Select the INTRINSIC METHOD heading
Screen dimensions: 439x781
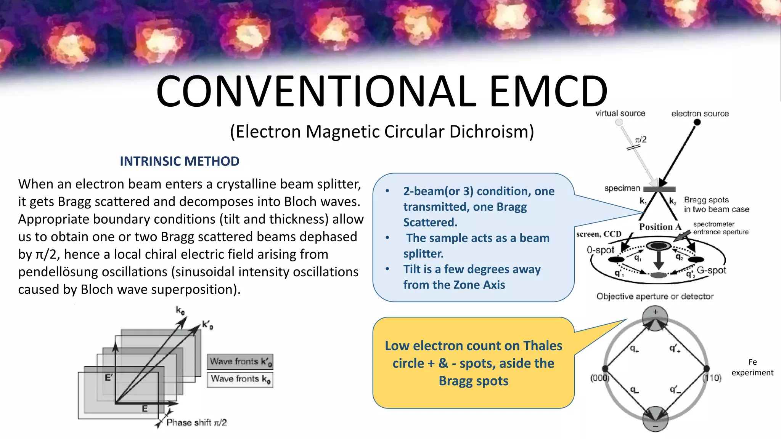pos(180,161)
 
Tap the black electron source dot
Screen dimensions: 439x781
pos(697,122)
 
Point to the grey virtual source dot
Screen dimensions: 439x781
pos(619,122)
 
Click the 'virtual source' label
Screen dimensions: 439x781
pos(620,113)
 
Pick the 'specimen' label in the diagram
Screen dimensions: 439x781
pos(622,188)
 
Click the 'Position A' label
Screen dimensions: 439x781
pos(660,227)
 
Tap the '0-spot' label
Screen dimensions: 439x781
pos(600,250)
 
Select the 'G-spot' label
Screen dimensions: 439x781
pos(711,270)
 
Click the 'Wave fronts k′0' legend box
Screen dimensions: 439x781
pos(240,361)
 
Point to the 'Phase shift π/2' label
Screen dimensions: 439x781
pos(196,422)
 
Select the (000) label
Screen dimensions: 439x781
pos(599,378)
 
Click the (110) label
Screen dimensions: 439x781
pos(712,378)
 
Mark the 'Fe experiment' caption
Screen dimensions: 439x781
pos(752,367)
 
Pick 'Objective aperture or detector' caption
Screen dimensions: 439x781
pos(655,296)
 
